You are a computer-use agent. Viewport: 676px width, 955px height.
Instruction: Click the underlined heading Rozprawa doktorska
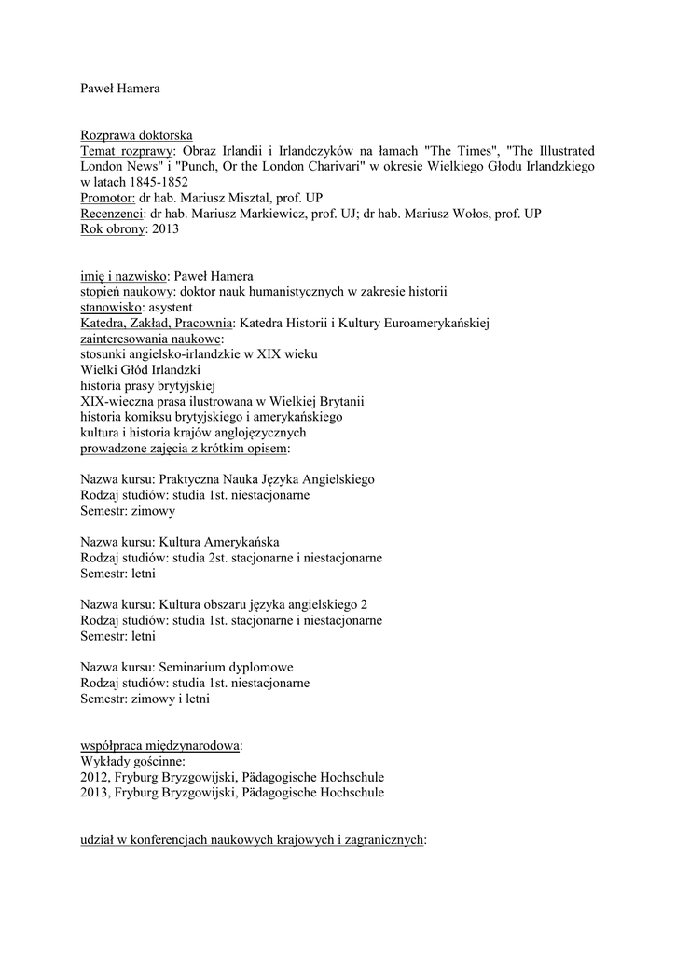point(136,135)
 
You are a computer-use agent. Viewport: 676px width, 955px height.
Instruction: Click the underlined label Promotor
point(107,198)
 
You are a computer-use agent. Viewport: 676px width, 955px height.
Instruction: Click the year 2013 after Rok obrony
point(164,228)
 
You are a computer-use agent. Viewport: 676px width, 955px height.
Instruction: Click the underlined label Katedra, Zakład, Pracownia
point(156,323)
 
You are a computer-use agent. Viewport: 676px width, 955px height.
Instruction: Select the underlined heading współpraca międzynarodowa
point(159,745)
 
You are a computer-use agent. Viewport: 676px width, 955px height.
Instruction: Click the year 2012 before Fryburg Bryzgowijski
point(94,777)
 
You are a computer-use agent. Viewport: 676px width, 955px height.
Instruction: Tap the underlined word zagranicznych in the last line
point(381,839)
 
